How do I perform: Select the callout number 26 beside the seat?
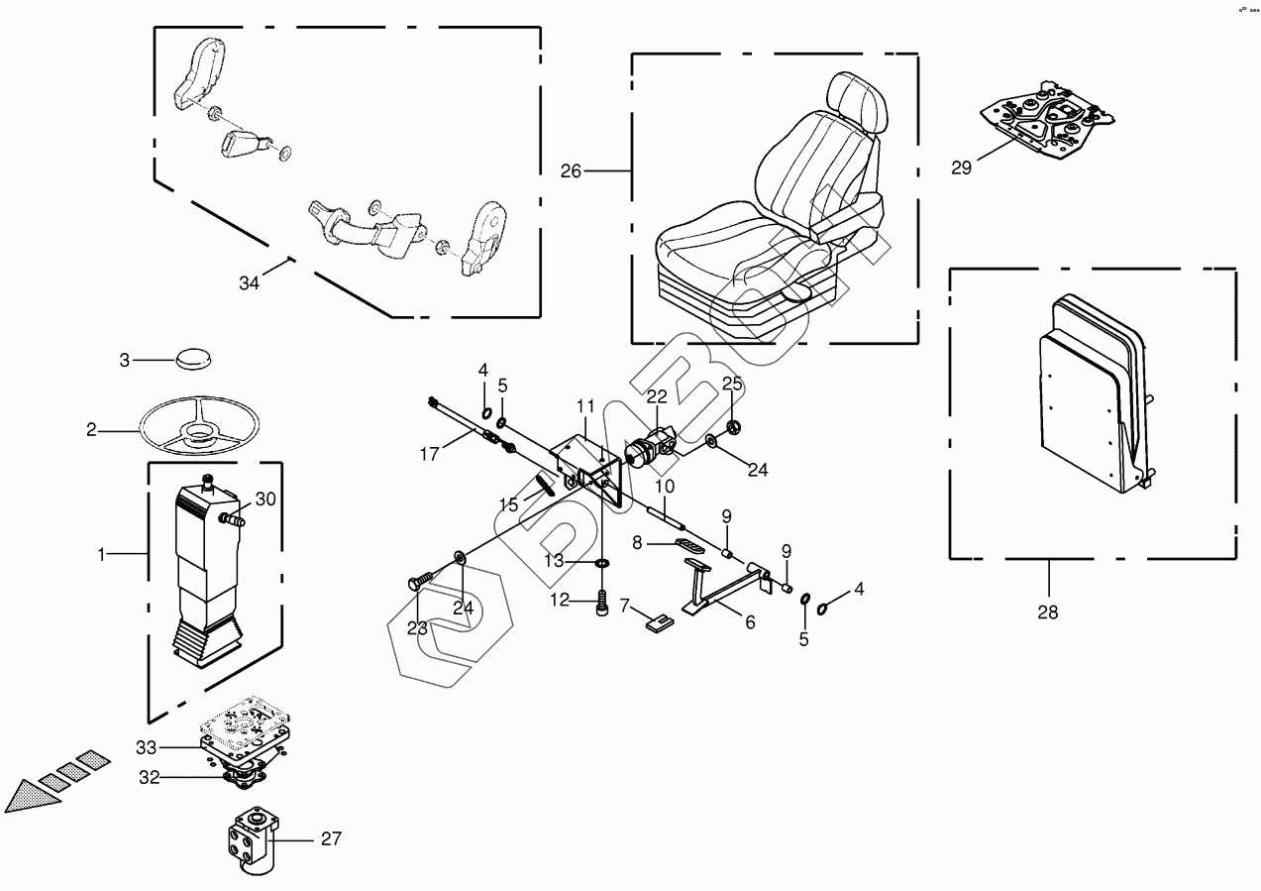pos(571,171)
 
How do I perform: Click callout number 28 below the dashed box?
pos(1047,612)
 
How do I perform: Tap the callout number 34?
pos(248,283)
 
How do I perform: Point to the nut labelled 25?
pos(734,427)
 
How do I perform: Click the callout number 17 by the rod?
pos(428,455)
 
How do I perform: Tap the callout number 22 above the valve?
pos(658,396)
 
